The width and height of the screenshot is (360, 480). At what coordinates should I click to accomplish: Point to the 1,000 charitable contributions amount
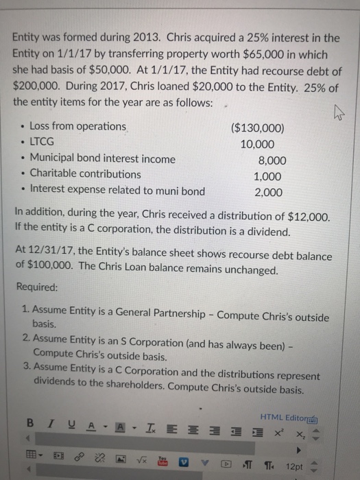click(x=266, y=176)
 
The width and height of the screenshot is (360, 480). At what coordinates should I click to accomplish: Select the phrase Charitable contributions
click(x=85, y=174)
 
